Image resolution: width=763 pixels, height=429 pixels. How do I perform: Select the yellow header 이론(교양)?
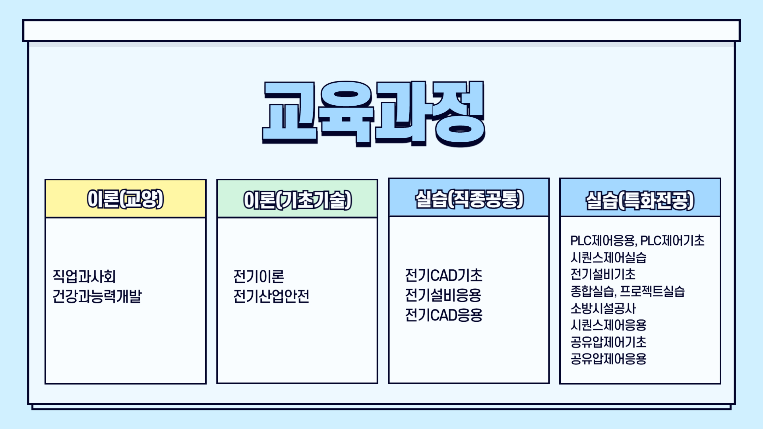[126, 199]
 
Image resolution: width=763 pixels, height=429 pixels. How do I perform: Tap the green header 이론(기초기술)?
[297, 200]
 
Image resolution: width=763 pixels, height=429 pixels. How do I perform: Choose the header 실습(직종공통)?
[469, 199]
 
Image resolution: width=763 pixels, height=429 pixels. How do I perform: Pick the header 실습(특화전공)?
[640, 200]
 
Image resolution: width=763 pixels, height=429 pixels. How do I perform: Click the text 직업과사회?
[84, 276]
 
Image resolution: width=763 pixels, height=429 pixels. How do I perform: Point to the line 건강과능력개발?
[97, 296]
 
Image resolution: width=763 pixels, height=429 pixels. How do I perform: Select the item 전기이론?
[259, 276]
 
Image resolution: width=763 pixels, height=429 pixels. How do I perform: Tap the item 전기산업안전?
[271, 296]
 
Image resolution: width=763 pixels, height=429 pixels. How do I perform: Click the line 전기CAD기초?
[443, 275]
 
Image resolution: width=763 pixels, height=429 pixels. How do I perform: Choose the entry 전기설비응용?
[443, 295]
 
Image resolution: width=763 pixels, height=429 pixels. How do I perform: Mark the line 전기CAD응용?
[443, 315]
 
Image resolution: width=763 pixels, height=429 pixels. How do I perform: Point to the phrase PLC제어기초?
[672, 241]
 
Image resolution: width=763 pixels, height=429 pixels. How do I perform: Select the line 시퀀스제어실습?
[608, 258]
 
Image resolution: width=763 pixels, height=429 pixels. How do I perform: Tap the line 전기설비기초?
[603, 274]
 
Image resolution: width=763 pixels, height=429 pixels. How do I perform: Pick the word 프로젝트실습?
[653, 291]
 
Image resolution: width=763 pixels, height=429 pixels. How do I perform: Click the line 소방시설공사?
[603, 308]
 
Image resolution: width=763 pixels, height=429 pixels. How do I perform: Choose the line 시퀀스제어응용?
[608, 325]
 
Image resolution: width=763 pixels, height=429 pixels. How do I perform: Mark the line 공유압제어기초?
[608, 342]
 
